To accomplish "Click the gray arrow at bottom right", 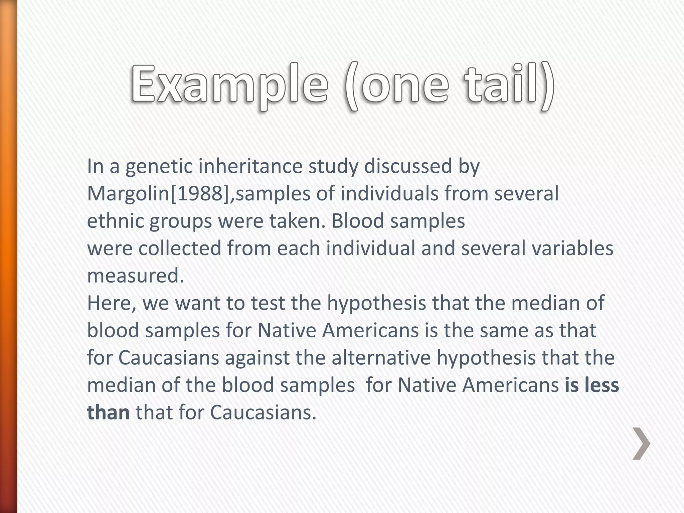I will coord(641,444).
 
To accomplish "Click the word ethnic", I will coord(115,221).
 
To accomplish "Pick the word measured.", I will coord(135,276).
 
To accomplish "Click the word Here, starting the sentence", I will coord(112,303).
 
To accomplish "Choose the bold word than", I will coord(108,413).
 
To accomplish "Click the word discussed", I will coord(408,166).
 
